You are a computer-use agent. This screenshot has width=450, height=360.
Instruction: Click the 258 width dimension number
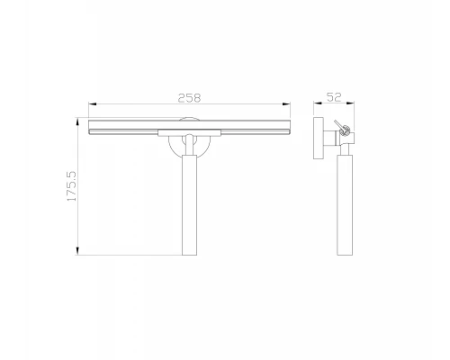tap(189, 98)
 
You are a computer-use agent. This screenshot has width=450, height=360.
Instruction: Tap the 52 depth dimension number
tap(334, 97)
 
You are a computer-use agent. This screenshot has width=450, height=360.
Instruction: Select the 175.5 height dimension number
tap(71, 186)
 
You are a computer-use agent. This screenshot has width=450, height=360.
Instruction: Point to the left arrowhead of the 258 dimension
tap(92, 104)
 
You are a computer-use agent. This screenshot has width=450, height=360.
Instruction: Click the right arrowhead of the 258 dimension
tap(286, 104)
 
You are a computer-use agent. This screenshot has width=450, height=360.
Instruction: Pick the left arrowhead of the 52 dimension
tap(318, 103)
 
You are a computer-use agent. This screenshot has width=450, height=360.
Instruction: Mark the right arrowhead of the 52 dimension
tap(350, 103)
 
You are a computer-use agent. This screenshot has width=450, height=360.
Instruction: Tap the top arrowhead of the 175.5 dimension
tap(77, 121)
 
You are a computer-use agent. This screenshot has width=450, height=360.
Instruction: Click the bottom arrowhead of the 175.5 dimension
tap(77, 251)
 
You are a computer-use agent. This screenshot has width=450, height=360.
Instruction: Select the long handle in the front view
tap(190, 205)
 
